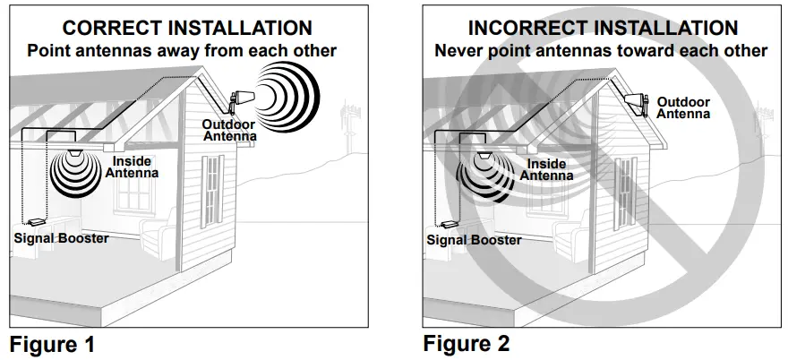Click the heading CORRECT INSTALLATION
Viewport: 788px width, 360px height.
[x=181, y=29]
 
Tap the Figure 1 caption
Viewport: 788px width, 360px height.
[x=52, y=343]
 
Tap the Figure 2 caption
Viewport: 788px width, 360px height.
[x=466, y=343]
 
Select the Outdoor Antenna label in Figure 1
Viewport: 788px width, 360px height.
[x=229, y=131]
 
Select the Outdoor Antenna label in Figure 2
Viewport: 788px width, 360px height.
[x=683, y=107]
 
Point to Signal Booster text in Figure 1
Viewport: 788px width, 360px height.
[x=61, y=238]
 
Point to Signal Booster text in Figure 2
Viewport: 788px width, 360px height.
[x=474, y=240]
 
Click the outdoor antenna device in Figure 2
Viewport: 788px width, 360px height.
[x=638, y=104]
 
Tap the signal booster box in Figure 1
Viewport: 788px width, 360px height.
[x=36, y=220]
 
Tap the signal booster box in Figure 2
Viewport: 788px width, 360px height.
[x=448, y=224]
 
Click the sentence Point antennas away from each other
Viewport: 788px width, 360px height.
[x=182, y=50]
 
